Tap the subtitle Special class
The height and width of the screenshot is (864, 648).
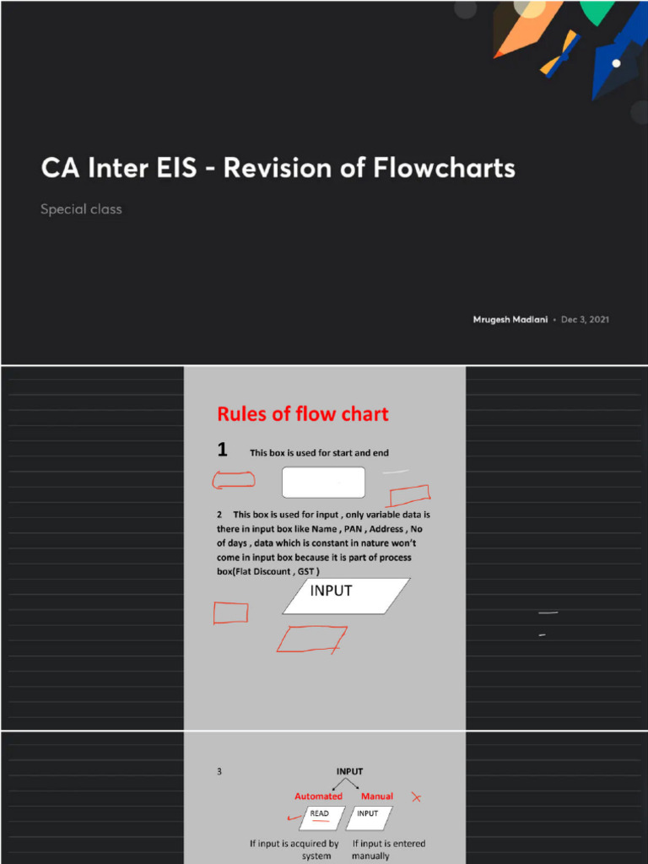pos(81,209)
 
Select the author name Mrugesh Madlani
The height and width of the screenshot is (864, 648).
pos(510,320)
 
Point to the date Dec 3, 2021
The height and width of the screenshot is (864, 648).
pos(585,320)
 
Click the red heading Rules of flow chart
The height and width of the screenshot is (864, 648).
pos(303,414)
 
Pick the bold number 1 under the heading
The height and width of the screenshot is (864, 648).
pos(222,450)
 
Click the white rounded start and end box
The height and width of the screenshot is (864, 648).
pos(323,483)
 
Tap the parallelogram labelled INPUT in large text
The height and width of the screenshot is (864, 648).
pos(346,595)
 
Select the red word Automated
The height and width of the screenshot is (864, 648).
pos(318,796)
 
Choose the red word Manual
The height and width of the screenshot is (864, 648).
pos(377,796)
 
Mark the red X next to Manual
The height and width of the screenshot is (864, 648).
pos(415,796)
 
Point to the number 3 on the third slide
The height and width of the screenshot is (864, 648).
pos(219,771)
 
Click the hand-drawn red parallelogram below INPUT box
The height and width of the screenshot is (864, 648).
pos(311,640)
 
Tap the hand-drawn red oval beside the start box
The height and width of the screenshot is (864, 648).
pos(233,481)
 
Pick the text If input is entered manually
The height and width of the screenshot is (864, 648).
pos(388,849)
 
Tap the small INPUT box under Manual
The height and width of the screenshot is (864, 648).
pos(368,816)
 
